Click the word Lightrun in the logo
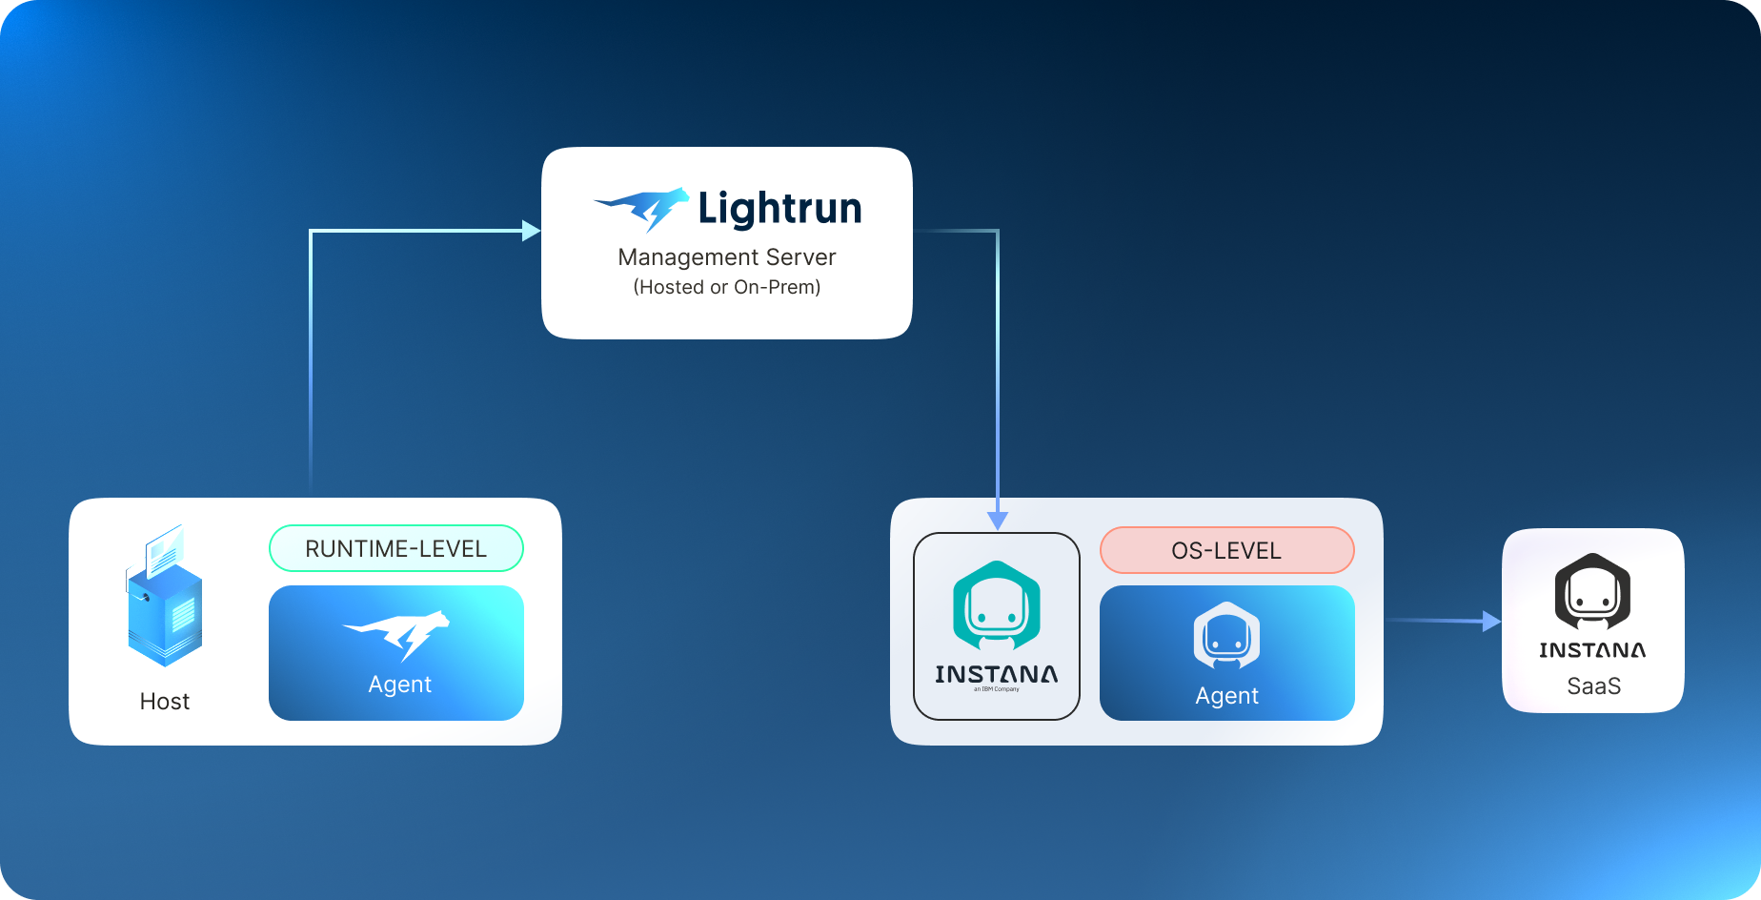(x=779, y=209)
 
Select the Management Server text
(x=726, y=257)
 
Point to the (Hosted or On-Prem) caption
(x=726, y=287)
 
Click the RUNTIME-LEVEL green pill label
(x=396, y=548)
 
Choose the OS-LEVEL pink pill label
(x=1226, y=550)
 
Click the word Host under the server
(x=165, y=702)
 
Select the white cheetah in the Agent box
(x=397, y=633)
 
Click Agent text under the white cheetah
(x=399, y=685)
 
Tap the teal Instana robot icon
(x=996, y=606)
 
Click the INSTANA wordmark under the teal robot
(x=996, y=674)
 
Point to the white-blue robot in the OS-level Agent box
(x=1226, y=636)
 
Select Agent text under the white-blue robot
(x=1226, y=696)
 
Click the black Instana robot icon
(x=1592, y=592)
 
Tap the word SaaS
(x=1593, y=686)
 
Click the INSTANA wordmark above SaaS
(x=1592, y=650)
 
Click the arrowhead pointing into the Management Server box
(x=532, y=231)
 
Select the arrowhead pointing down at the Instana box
(x=997, y=521)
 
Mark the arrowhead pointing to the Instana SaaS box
(x=1491, y=622)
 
